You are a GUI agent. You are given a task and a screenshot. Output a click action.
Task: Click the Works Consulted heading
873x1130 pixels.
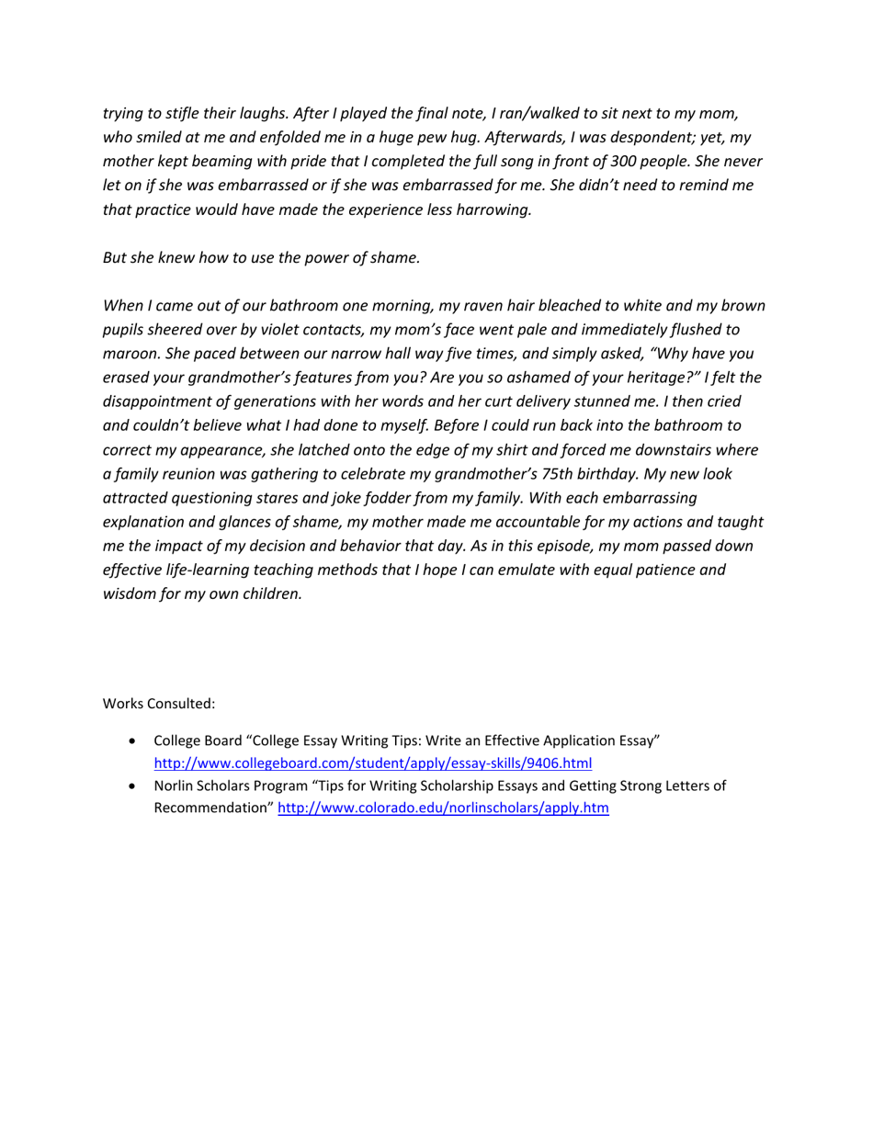tap(158, 704)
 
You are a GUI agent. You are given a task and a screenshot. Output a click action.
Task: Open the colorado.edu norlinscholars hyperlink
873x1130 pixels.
tap(443, 808)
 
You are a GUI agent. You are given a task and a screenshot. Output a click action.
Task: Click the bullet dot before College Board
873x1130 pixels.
tap(136, 740)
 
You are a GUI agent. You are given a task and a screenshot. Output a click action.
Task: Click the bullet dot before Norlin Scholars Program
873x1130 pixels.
tap(136, 786)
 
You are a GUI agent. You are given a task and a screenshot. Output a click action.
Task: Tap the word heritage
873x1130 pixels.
tap(632, 378)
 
